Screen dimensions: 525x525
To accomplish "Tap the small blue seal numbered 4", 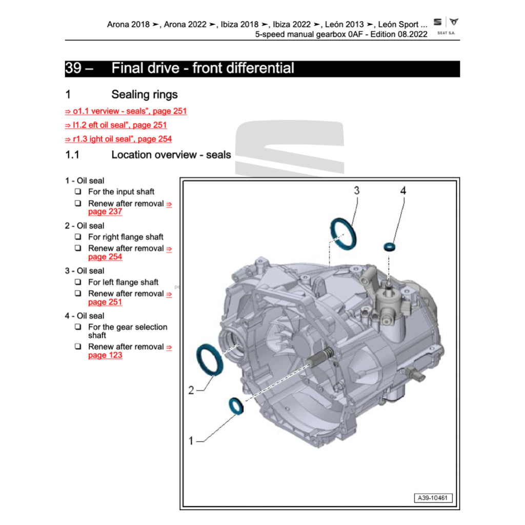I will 390,248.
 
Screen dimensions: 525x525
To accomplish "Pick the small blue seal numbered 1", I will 236,405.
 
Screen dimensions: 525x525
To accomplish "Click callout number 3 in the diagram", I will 357,191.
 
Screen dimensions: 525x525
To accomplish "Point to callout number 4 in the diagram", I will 403,191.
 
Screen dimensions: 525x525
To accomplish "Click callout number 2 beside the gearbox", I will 191,391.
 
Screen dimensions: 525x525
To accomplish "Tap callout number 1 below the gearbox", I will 191,440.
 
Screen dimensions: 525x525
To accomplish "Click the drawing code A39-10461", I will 433,498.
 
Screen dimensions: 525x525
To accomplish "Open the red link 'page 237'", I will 105,212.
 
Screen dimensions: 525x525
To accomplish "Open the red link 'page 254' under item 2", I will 105,257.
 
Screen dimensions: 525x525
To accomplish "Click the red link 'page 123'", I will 105,355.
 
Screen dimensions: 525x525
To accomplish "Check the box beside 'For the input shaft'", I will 78,192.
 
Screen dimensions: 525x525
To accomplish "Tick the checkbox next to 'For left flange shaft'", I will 78,282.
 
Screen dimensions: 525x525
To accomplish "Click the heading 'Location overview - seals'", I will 171,155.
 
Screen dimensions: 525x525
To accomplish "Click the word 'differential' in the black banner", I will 262,68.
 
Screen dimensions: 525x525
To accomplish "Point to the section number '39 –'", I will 78,68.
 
